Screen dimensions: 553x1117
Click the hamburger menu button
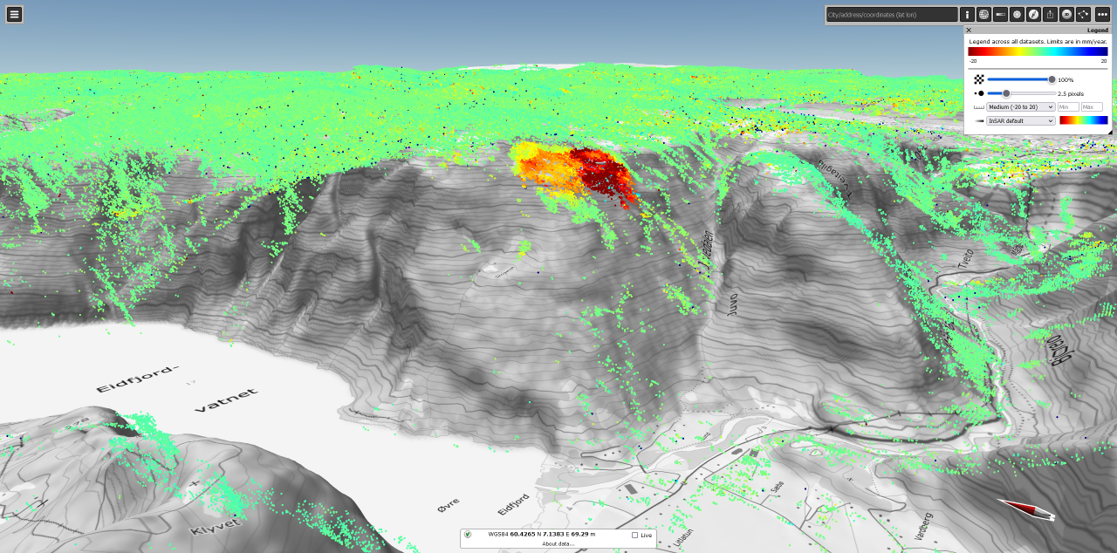(x=15, y=14)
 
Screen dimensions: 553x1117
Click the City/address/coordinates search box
(x=892, y=15)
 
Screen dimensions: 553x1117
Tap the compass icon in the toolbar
(x=1033, y=15)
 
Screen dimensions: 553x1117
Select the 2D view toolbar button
(x=1066, y=15)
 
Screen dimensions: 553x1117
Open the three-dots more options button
(x=1102, y=15)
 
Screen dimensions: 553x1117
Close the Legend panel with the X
(x=969, y=31)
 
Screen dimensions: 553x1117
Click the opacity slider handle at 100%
(x=1052, y=79)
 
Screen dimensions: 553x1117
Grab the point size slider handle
(x=1006, y=93)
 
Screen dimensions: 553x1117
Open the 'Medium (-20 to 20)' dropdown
(x=1021, y=107)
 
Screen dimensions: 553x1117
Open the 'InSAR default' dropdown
(x=1021, y=121)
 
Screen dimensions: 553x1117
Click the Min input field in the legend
(x=1068, y=107)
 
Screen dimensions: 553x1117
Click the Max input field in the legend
(x=1092, y=107)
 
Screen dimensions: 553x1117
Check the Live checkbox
(x=634, y=535)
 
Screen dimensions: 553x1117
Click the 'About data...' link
(x=558, y=543)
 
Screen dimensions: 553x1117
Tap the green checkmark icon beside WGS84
(x=468, y=535)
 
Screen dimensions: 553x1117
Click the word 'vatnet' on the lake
(x=226, y=400)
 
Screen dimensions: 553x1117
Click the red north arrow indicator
(x=1026, y=509)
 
